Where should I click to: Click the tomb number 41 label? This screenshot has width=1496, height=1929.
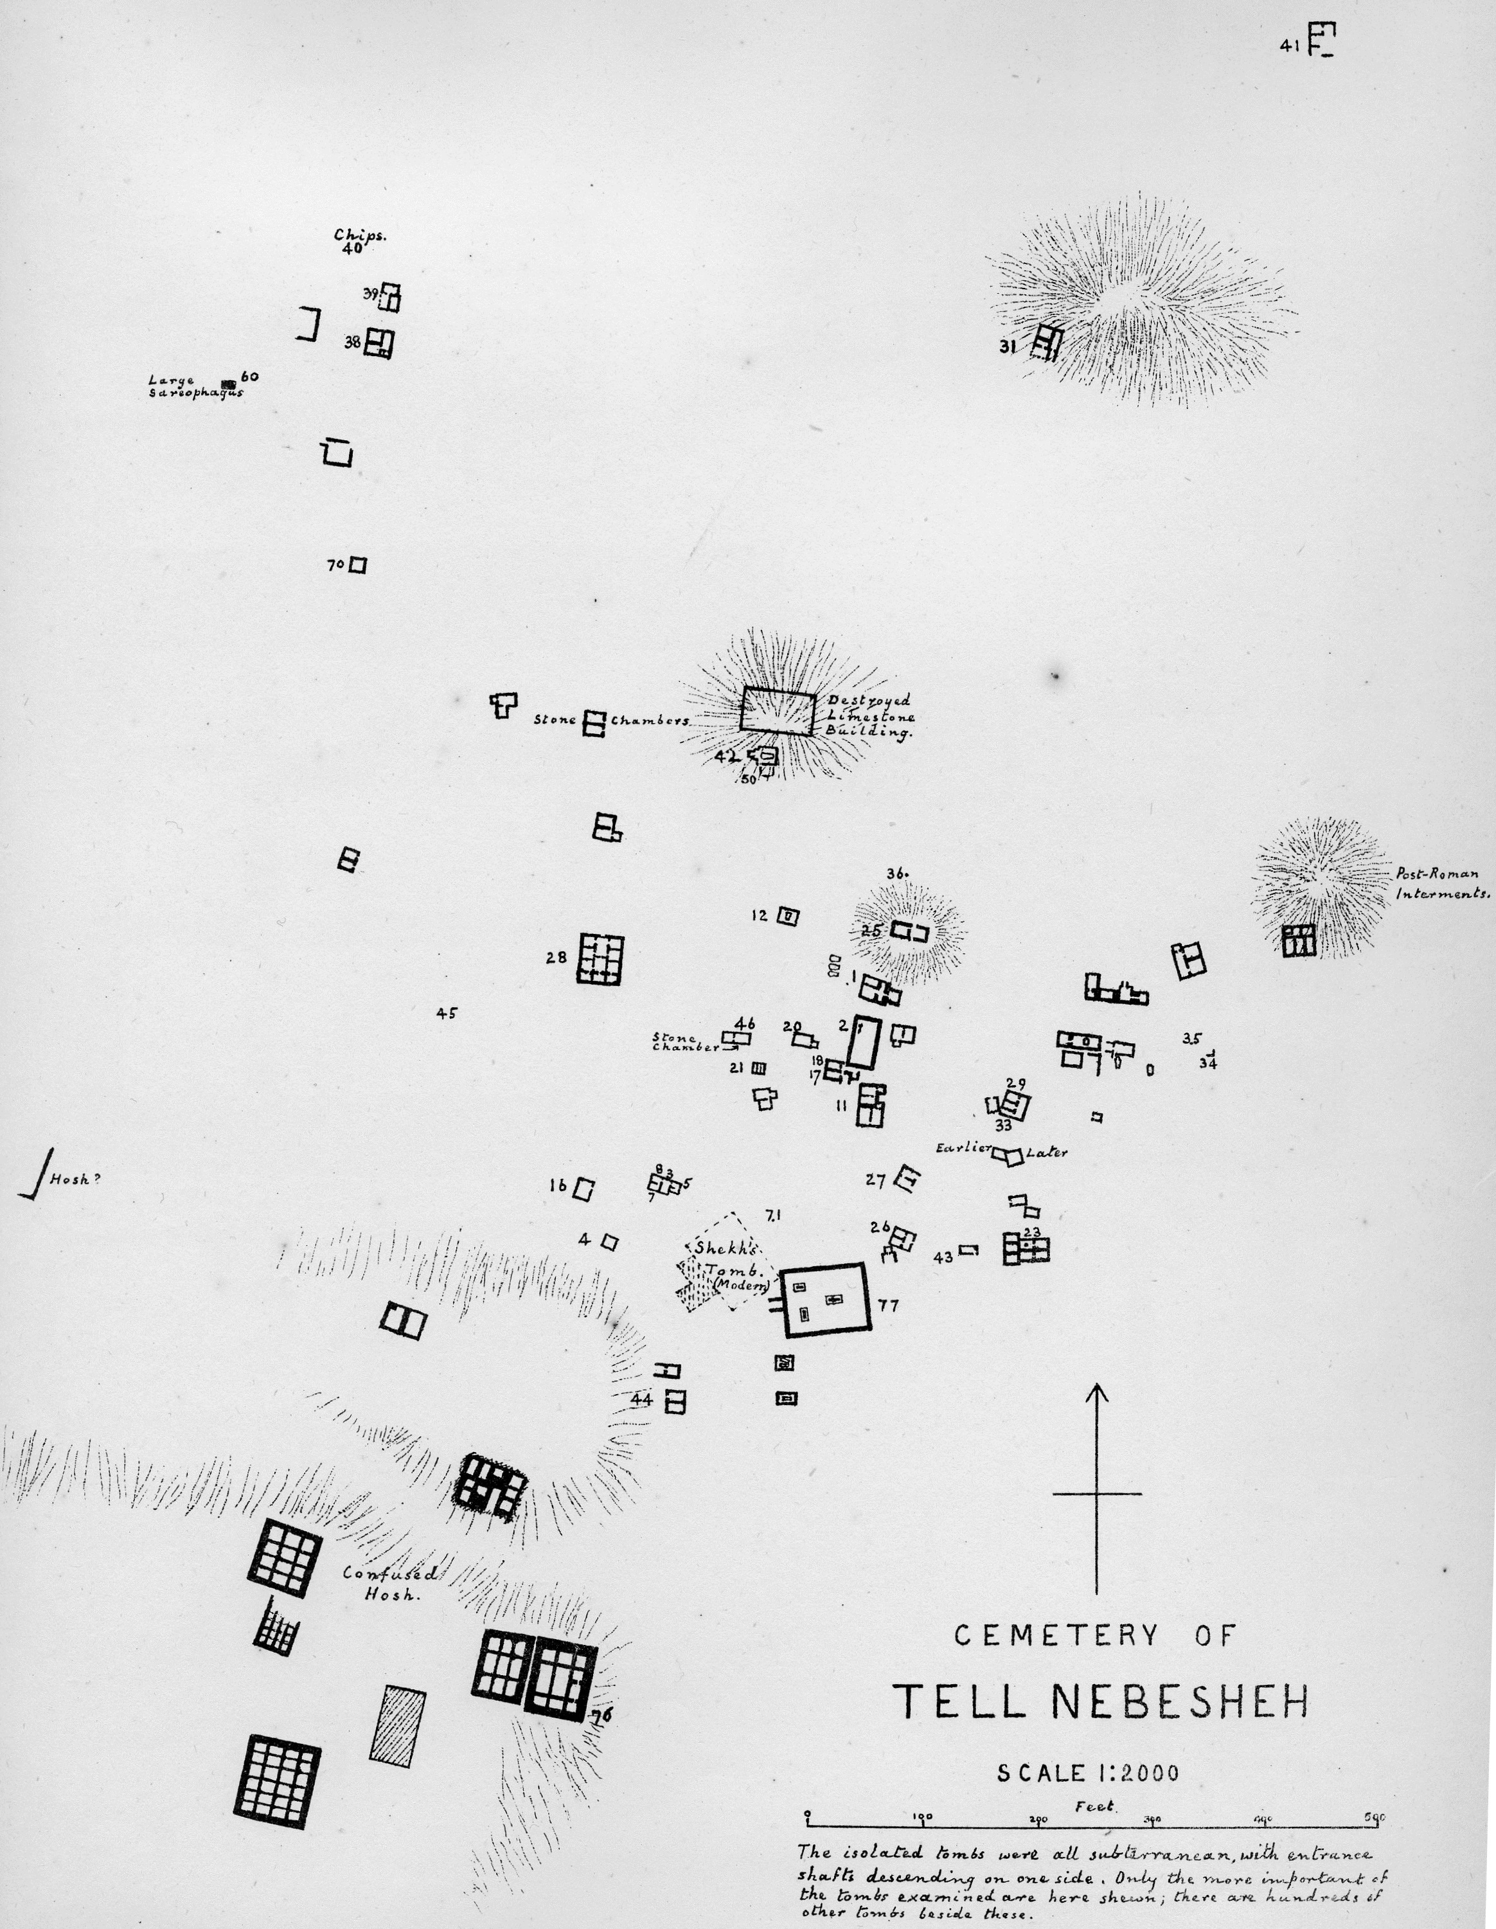click(x=1289, y=48)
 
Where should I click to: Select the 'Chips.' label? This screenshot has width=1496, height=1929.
click(x=359, y=235)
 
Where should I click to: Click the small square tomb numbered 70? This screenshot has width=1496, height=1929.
click(x=358, y=564)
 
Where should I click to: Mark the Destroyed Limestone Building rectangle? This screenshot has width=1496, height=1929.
click(x=777, y=711)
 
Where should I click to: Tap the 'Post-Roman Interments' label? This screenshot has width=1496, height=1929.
click(x=1442, y=883)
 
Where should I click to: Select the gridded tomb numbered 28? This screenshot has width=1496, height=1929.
click(x=600, y=959)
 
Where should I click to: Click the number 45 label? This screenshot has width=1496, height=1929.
click(x=447, y=1014)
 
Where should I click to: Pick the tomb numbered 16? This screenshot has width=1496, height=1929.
click(x=583, y=1189)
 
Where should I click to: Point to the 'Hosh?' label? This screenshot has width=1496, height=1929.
click(x=71, y=1180)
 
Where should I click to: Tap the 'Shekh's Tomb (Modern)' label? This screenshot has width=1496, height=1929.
click(x=729, y=1268)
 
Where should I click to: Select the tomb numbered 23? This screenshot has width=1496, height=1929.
click(x=1026, y=1249)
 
